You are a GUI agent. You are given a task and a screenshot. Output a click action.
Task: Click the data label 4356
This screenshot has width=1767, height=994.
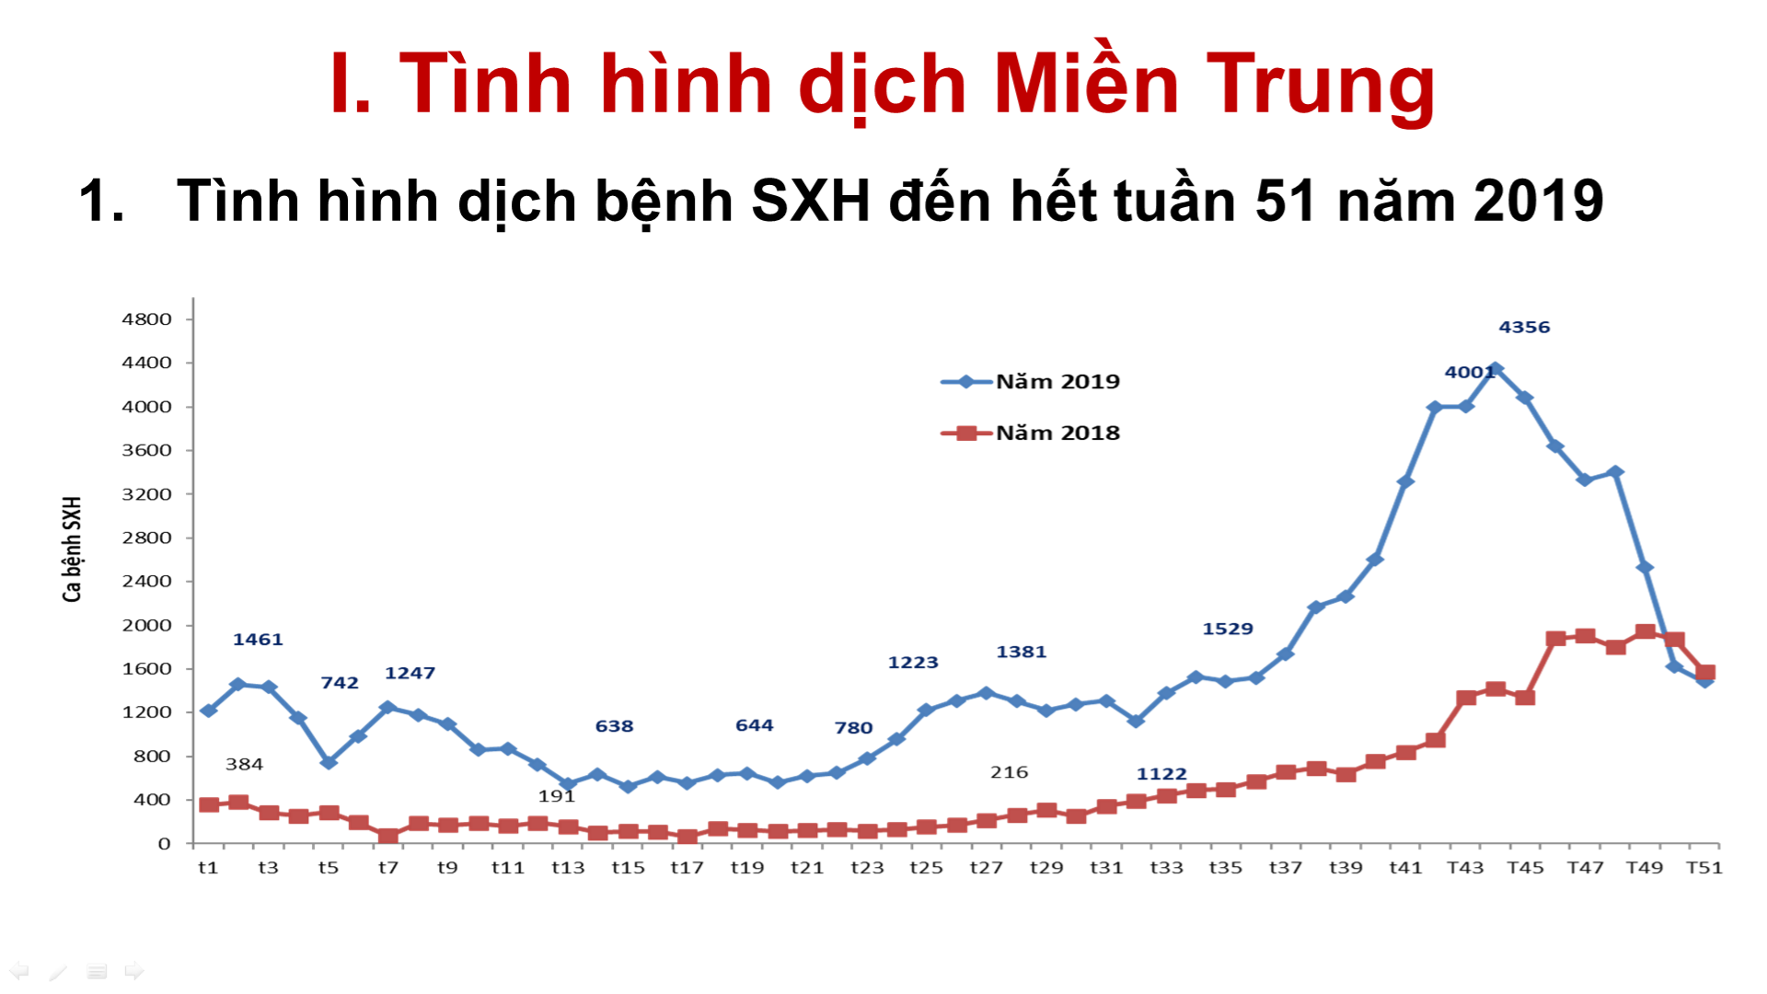pyautogui.click(x=1524, y=328)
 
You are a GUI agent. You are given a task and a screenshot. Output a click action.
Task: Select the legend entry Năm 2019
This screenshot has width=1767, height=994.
pyautogui.click(x=1057, y=382)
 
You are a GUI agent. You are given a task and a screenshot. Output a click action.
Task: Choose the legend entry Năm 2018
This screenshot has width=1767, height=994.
pyautogui.click(x=1057, y=433)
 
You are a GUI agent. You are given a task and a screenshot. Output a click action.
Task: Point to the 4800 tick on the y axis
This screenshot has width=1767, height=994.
pyautogui.click(x=146, y=319)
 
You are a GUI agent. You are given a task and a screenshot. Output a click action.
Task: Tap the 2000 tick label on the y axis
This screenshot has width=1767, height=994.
pyautogui.click(x=146, y=626)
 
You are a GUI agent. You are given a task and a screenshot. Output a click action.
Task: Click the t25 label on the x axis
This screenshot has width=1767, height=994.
pyautogui.click(x=926, y=868)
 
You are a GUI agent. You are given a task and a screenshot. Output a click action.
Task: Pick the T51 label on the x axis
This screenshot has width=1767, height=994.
pyautogui.click(x=1703, y=868)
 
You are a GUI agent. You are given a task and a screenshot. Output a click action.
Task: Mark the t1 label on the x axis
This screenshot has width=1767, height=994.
pyautogui.click(x=208, y=868)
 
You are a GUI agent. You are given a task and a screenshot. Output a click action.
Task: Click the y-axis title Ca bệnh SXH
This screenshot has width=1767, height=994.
pyautogui.click(x=72, y=549)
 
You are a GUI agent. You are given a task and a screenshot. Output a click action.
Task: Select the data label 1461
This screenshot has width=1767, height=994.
pyautogui.click(x=258, y=640)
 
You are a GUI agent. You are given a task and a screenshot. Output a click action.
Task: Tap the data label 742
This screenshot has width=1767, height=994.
pyautogui.click(x=340, y=683)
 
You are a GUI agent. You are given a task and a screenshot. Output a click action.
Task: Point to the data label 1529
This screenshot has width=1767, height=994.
pyautogui.click(x=1228, y=630)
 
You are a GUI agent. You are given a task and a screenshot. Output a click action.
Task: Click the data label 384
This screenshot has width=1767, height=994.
pyautogui.click(x=244, y=765)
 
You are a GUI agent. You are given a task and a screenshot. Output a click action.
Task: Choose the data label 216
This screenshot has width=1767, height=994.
pyautogui.click(x=1009, y=773)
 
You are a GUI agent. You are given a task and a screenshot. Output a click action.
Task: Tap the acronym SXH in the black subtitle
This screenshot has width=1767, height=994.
pyautogui.click(x=810, y=202)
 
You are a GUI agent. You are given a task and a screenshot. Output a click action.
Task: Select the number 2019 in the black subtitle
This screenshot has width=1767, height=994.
pyautogui.click(x=1538, y=202)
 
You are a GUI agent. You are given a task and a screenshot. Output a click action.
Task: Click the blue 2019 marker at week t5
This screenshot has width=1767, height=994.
pyautogui.click(x=329, y=762)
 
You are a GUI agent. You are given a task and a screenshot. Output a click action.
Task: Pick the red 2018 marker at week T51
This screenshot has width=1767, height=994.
pyautogui.click(x=1705, y=673)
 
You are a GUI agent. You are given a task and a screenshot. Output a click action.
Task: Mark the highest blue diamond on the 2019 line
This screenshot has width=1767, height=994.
pyautogui.click(x=1496, y=369)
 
